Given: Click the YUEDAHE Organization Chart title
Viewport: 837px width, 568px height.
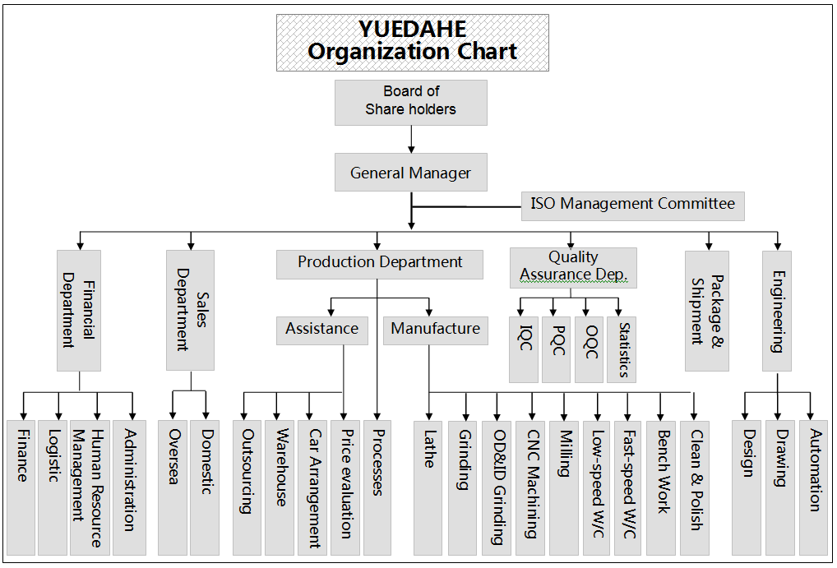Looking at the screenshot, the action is click(x=412, y=43).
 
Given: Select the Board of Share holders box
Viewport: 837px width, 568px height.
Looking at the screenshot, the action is click(x=411, y=103).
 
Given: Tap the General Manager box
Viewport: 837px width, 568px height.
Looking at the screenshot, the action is click(x=411, y=173).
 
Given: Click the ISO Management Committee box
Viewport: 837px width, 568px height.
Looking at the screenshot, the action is click(x=632, y=206).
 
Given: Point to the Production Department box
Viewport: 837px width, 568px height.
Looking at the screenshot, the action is click(x=380, y=264).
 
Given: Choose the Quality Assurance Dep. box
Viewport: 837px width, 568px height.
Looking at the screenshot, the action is click(x=573, y=268).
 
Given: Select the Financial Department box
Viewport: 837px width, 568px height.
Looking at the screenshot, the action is click(x=79, y=311).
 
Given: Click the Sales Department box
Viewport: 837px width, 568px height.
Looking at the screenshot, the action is click(x=191, y=310).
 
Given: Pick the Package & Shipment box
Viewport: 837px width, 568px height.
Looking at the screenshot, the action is click(x=707, y=312).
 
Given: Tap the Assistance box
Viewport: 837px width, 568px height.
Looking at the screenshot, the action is click(x=321, y=330).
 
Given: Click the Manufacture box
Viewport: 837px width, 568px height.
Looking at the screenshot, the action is click(x=436, y=330).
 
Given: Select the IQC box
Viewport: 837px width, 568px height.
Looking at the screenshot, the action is click(x=524, y=349).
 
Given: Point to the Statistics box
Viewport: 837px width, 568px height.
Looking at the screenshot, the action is click(x=622, y=349).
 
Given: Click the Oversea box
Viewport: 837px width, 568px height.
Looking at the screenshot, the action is click(x=173, y=488).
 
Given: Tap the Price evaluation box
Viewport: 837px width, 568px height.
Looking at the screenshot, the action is click(x=345, y=488).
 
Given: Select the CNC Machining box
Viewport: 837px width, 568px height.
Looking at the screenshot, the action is click(x=530, y=488).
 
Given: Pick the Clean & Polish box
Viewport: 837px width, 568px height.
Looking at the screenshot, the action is click(x=695, y=488).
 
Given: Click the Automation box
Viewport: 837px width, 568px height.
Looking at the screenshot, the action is click(x=813, y=488).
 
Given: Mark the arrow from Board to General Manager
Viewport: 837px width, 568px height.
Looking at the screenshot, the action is click(x=411, y=140).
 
